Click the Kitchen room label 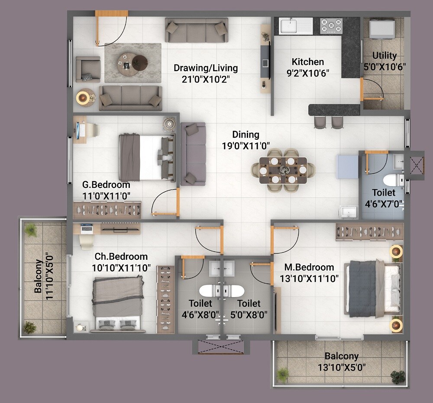pos(307,62)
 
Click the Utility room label pos(385,56)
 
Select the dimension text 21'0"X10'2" pos(206,79)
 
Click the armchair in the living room pos(88,69)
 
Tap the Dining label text pos(246,134)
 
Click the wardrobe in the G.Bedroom pos(107,210)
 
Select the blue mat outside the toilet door pos(348,166)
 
